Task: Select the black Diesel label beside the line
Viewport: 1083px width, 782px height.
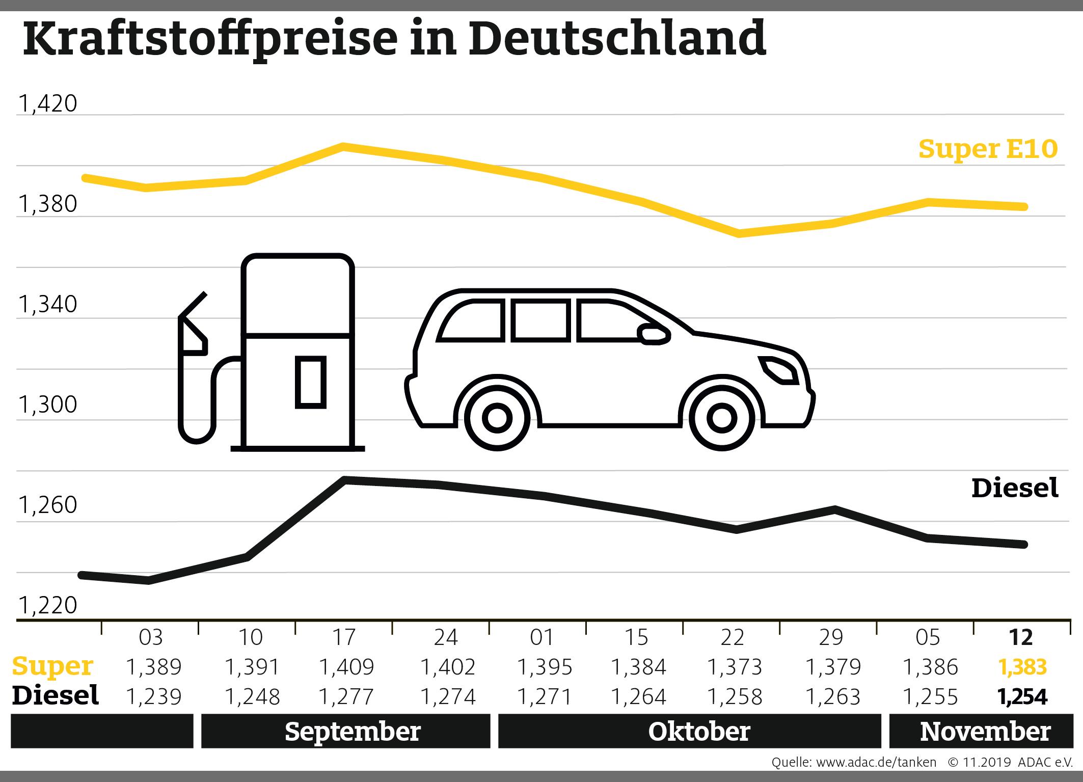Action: click(1015, 488)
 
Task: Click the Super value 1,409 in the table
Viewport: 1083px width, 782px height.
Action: click(346, 666)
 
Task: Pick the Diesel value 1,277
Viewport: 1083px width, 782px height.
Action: click(346, 696)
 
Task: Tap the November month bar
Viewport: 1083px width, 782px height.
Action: click(985, 732)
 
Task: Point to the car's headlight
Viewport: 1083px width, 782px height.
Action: click(778, 370)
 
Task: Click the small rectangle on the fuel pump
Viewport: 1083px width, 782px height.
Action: click(310, 383)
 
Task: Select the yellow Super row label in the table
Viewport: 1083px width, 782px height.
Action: click(53, 666)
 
